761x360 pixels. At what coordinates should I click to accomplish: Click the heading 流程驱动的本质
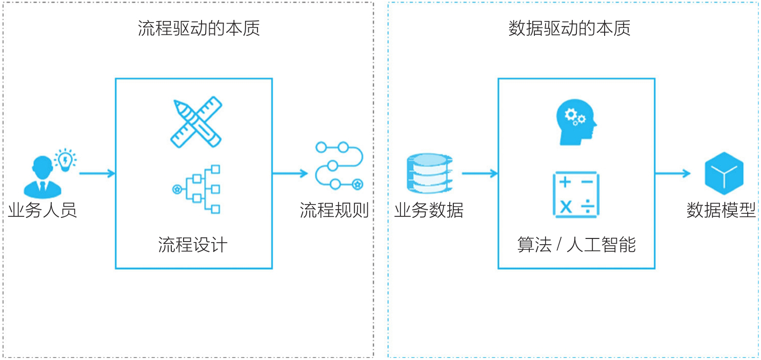pyautogui.click(x=199, y=28)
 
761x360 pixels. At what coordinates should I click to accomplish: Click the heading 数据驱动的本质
pyautogui.click(x=569, y=28)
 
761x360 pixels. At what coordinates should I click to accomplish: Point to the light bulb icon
pyautogui.click(x=66, y=159)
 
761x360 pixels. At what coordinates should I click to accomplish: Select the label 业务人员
pyautogui.click(x=43, y=210)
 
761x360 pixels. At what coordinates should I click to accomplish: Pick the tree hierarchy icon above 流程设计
pyautogui.click(x=197, y=189)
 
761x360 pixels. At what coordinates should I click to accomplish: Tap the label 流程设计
pyautogui.click(x=193, y=245)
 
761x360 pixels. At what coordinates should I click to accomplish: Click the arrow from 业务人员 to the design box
pyautogui.click(x=97, y=173)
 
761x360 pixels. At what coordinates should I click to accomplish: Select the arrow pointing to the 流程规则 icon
pyautogui.click(x=290, y=173)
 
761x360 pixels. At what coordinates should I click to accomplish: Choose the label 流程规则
pyautogui.click(x=334, y=210)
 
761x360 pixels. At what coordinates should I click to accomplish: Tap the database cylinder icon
pyautogui.click(x=430, y=172)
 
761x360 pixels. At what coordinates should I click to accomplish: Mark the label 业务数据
pyautogui.click(x=429, y=210)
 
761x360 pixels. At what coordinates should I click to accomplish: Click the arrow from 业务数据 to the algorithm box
pyautogui.click(x=479, y=173)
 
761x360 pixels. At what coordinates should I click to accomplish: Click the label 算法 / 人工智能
pyautogui.click(x=576, y=245)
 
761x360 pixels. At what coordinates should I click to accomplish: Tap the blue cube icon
pyautogui.click(x=724, y=173)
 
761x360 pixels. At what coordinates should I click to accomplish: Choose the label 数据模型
pyautogui.click(x=721, y=210)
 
